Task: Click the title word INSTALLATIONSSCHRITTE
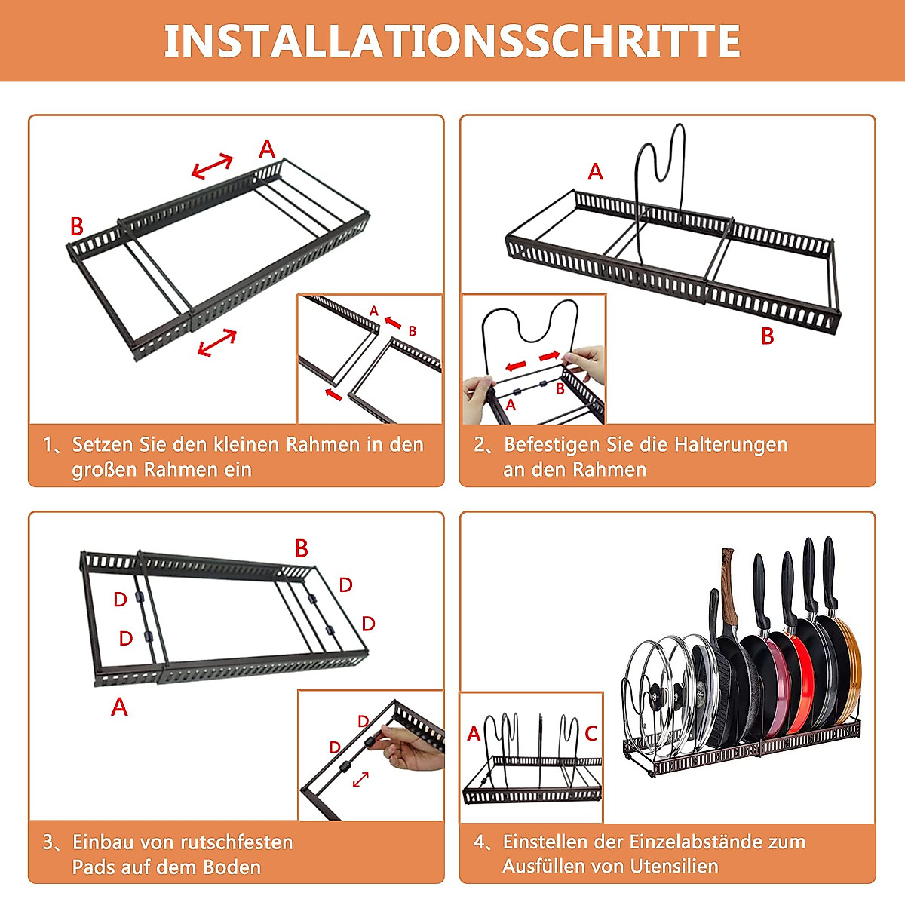tap(452, 41)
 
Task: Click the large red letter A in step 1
tap(267, 149)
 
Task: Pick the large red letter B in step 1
tap(77, 226)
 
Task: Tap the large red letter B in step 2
tap(768, 336)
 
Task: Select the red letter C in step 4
tap(591, 734)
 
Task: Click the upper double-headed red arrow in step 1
tap(212, 166)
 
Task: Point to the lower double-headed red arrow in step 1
tap(217, 342)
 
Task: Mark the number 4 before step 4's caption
tap(479, 842)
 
